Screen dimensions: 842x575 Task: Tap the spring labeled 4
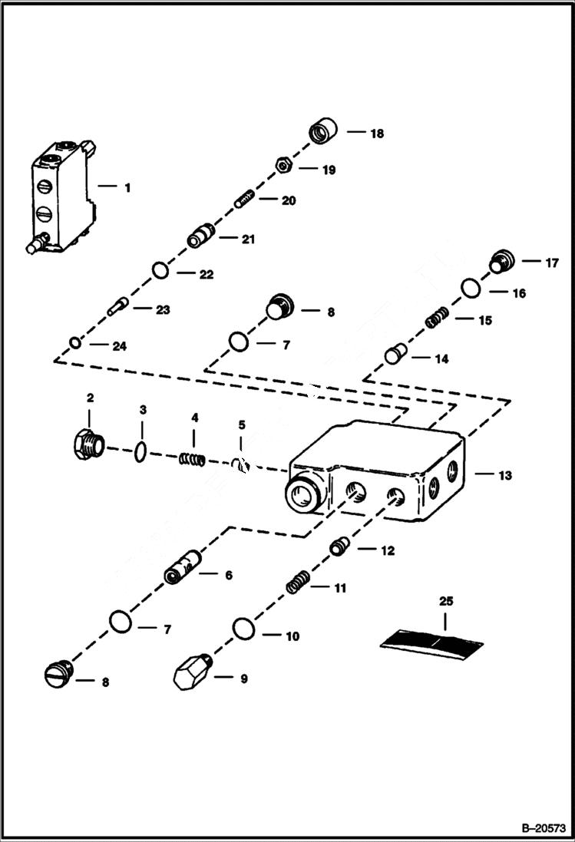[x=193, y=459]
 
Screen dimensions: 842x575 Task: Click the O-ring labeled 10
[x=243, y=629]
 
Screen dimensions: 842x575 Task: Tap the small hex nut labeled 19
[x=283, y=164]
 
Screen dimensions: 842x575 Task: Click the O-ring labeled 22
[x=160, y=271]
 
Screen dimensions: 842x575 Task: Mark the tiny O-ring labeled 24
[x=74, y=342]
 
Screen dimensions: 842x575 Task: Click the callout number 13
[x=503, y=475]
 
